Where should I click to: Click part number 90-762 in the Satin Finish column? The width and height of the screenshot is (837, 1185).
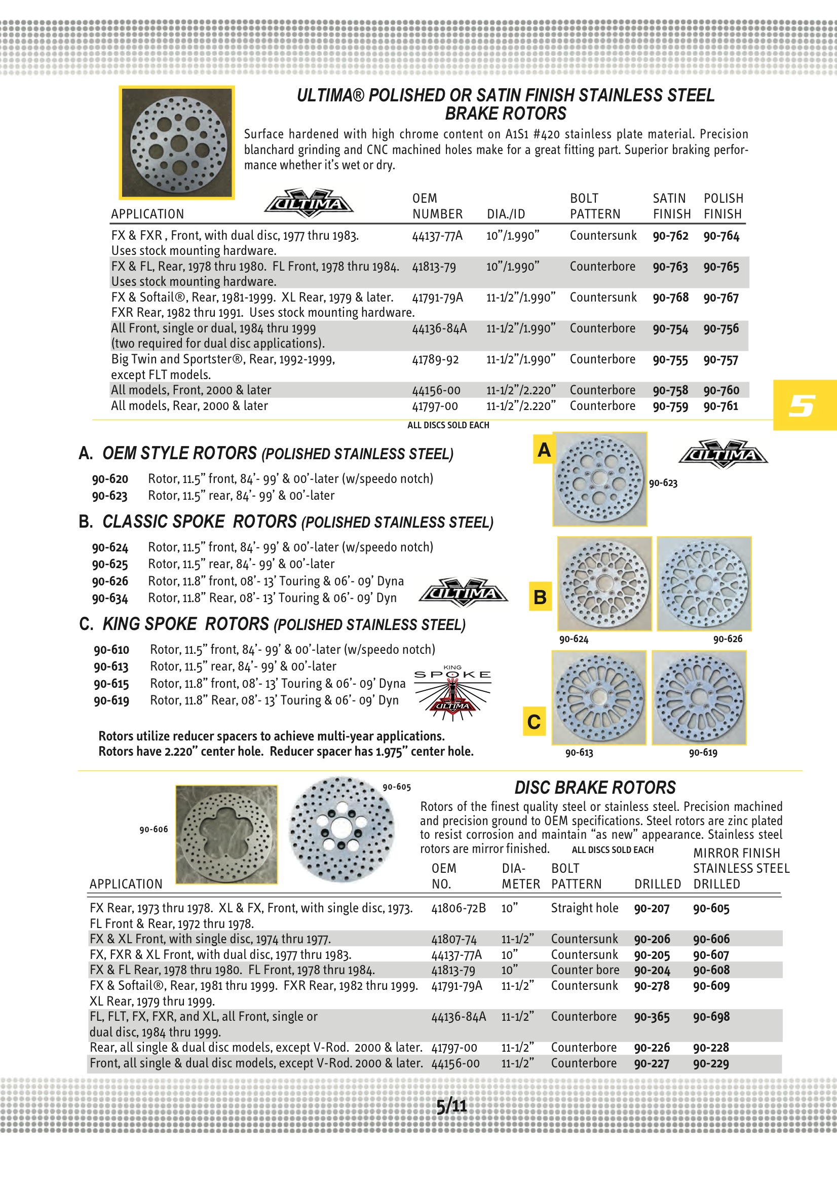coord(670,236)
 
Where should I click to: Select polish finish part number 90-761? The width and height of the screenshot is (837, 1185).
coord(721,406)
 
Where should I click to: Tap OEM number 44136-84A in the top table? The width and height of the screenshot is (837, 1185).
coord(439,329)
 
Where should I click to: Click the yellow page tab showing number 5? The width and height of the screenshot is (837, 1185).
coord(804,405)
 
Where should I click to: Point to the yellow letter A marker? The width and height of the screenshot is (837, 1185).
coord(543,450)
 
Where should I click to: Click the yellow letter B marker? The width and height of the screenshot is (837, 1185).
coord(540,597)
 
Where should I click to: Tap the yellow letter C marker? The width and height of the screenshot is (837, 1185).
coord(534,722)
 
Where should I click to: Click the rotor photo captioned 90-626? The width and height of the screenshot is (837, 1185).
coord(704,583)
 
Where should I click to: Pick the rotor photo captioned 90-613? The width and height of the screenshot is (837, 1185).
coord(598,697)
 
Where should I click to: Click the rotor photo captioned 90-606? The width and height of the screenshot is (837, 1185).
coord(226,835)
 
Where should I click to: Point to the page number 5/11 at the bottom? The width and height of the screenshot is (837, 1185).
coord(451,1106)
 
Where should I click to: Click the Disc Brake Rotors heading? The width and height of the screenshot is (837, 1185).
coord(594,788)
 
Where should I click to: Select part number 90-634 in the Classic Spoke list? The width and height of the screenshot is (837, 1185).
coord(110,599)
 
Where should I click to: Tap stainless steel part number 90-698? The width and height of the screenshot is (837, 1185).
coord(711,1017)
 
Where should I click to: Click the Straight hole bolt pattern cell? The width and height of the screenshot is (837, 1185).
coord(584,908)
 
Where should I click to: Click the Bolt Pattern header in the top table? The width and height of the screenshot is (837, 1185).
coord(594,206)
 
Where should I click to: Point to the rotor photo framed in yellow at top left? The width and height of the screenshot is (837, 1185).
coord(177,142)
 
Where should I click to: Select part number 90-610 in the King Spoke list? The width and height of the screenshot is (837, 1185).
coord(111,650)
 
